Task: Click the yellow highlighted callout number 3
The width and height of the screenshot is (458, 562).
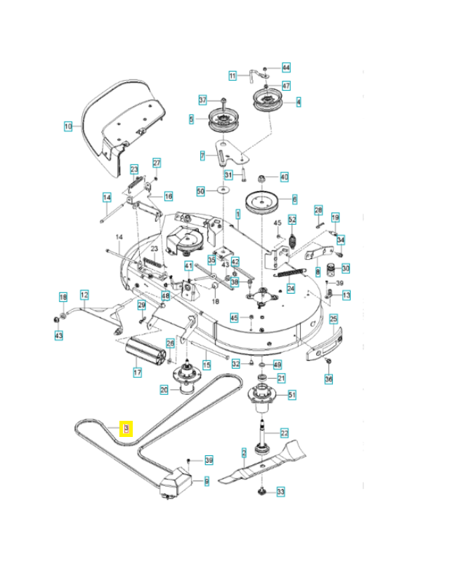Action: [x=126, y=428]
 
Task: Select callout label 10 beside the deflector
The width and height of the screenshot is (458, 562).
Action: [x=68, y=126]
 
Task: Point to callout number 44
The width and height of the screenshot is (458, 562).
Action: [x=286, y=67]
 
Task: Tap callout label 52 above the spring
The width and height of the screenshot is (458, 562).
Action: [x=293, y=221]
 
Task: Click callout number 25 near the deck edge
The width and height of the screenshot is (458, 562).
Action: [x=334, y=319]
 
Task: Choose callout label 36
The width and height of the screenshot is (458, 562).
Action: [x=328, y=379]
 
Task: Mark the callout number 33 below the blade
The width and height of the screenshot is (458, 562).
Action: [x=280, y=492]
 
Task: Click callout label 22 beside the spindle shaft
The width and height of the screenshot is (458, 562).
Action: [x=284, y=433]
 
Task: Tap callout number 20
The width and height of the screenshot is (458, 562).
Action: [x=164, y=390]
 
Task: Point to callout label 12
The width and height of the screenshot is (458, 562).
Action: [x=84, y=296]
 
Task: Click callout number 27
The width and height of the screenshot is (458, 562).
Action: [x=157, y=163]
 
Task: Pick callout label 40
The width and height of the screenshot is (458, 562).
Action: [x=284, y=176]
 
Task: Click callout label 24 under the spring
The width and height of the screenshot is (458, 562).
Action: [x=291, y=289]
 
